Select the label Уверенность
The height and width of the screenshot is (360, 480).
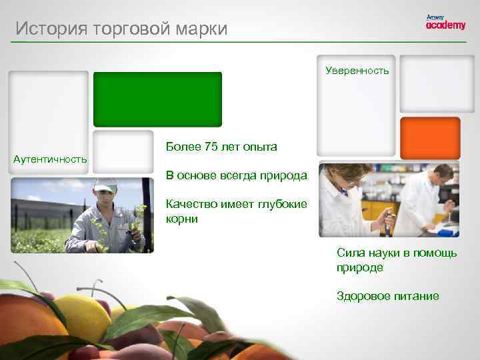pyautogui.click(x=357, y=70)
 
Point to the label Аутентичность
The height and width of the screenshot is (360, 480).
pyautogui.click(x=50, y=159)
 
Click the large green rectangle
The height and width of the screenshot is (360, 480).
pyautogui.click(x=157, y=99)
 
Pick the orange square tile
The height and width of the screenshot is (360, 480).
pyautogui.click(x=430, y=137)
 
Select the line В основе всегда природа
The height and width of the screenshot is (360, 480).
pyautogui.click(x=237, y=175)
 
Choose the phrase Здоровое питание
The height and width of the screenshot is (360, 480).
pyautogui.click(x=387, y=296)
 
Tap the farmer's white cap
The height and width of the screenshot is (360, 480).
pyautogui.click(x=105, y=183)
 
